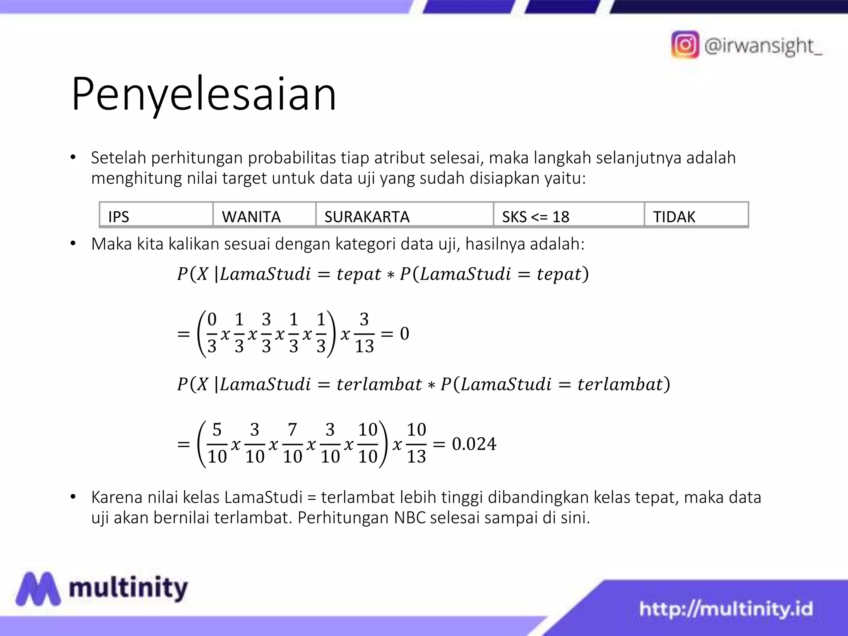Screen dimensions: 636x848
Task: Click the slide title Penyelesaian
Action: (204, 94)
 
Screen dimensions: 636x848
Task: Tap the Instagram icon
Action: (685, 45)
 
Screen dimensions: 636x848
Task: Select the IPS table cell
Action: (156, 215)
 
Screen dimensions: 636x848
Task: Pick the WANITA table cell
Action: (264, 215)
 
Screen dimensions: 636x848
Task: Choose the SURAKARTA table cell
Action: (404, 215)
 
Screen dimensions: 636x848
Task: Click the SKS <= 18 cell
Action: (569, 215)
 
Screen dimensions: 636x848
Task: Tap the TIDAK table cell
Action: (696, 215)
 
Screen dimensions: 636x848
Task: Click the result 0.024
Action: (474, 444)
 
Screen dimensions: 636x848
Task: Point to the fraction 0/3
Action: (212, 333)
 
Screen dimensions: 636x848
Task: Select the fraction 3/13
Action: (364, 333)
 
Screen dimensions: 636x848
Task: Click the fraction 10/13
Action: (416, 443)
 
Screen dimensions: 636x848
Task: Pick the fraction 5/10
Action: (217, 443)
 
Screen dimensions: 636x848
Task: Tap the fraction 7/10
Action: (292, 443)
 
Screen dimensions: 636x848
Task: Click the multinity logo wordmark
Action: (128, 588)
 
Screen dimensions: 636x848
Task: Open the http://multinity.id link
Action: (726, 609)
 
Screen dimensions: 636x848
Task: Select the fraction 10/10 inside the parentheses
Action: (368, 443)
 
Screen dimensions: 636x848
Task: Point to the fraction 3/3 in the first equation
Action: (266, 333)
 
